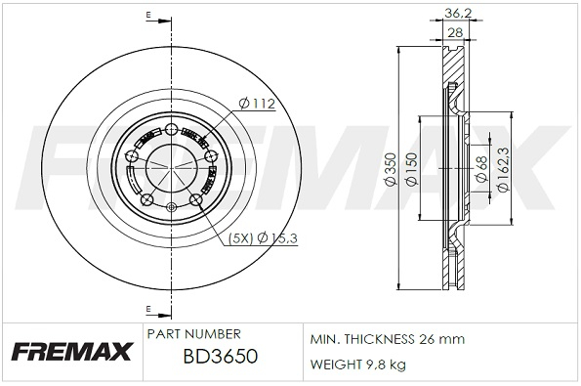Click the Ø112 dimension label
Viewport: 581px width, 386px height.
click(257, 104)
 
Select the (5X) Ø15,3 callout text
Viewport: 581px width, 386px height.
click(263, 238)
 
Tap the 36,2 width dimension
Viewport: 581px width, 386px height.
click(458, 14)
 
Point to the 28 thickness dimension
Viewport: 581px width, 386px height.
click(455, 32)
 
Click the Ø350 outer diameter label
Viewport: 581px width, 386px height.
click(391, 169)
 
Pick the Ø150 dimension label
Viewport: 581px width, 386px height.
click(412, 169)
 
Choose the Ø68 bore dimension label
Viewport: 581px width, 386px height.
click(481, 169)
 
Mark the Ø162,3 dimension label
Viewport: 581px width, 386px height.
click(504, 169)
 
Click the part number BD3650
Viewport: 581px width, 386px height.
click(220, 357)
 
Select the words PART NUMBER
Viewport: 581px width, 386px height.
click(193, 334)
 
